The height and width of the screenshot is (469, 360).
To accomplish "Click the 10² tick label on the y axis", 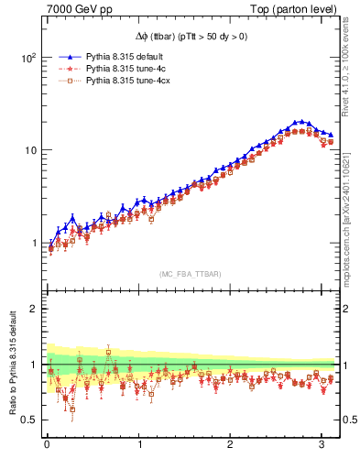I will (27, 57).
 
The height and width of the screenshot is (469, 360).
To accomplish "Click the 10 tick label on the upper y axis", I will (29, 150).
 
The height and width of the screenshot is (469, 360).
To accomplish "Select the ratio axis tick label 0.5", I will (27, 420).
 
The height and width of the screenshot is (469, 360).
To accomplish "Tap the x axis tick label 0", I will (47, 446).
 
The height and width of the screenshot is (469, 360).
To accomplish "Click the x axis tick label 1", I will (139, 446).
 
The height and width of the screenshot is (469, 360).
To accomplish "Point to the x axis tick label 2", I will (232, 446).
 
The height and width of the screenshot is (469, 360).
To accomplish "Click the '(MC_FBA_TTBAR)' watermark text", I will (190, 274).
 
